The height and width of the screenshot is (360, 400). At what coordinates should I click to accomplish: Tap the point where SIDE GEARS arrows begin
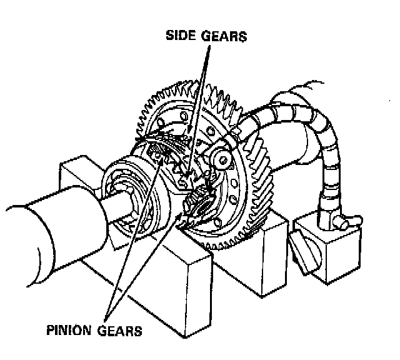(206, 47)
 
